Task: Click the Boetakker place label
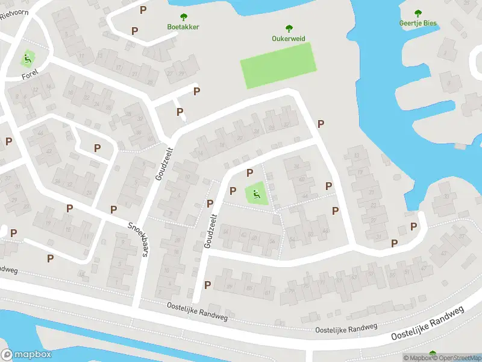tap(183, 27)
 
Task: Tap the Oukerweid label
tap(289, 39)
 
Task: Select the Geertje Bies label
tap(418, 24)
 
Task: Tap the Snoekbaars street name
tap(137, 239)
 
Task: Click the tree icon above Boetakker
tap(183, 17)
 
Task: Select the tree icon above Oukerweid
tap(289, 28)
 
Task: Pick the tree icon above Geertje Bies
tap(418, 13)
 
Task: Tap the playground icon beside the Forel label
tap(27, 59)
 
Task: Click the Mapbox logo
tap(26, 355)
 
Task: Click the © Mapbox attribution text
tap(418, 358)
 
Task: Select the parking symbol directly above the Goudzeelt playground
tap(249, 173)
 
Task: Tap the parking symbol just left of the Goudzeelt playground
tap(233, 191)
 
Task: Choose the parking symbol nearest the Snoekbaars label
tap(113, 209)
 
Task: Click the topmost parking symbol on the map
tap(143, 10)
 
